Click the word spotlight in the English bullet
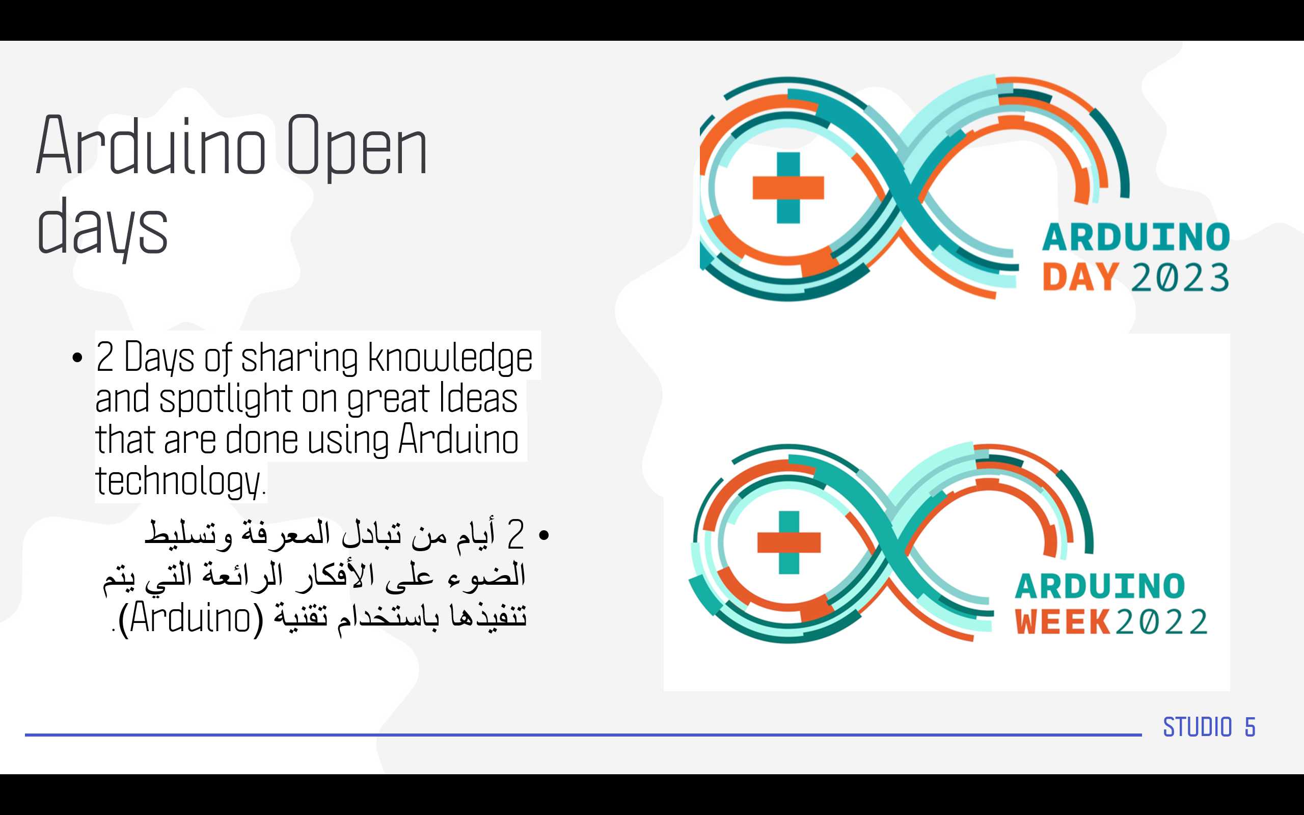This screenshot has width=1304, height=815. coord(225,399)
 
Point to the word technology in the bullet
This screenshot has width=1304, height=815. coord(178,481)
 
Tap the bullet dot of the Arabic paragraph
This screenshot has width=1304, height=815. coord(544,535)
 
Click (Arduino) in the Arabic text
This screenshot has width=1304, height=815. coord(191,618)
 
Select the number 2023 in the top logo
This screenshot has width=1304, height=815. coord(1180,278)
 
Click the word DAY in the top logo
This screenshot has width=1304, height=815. coord(1080,278)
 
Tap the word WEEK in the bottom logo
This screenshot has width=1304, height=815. coord(1063,622)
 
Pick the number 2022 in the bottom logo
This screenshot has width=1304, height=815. coord(1161,622)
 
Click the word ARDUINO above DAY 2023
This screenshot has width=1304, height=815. coord(1136,237)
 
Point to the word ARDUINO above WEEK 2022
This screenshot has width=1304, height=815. coord(1100,586)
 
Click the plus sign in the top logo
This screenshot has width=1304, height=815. coord(789,187)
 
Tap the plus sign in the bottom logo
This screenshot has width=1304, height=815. coord(789,542)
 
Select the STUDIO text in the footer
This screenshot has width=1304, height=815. coord(1198,727)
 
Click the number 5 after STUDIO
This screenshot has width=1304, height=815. coord(1250,727)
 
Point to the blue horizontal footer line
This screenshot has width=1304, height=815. coord(583,735)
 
